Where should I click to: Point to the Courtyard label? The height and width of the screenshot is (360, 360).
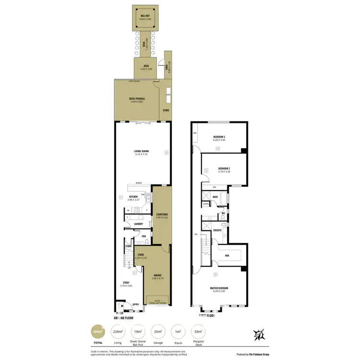coord(162,216)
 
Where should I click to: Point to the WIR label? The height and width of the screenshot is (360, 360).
coord(227,256)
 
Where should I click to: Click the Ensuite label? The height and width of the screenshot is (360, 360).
coord(217,230)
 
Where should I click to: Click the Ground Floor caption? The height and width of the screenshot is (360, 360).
coord(123,318)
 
